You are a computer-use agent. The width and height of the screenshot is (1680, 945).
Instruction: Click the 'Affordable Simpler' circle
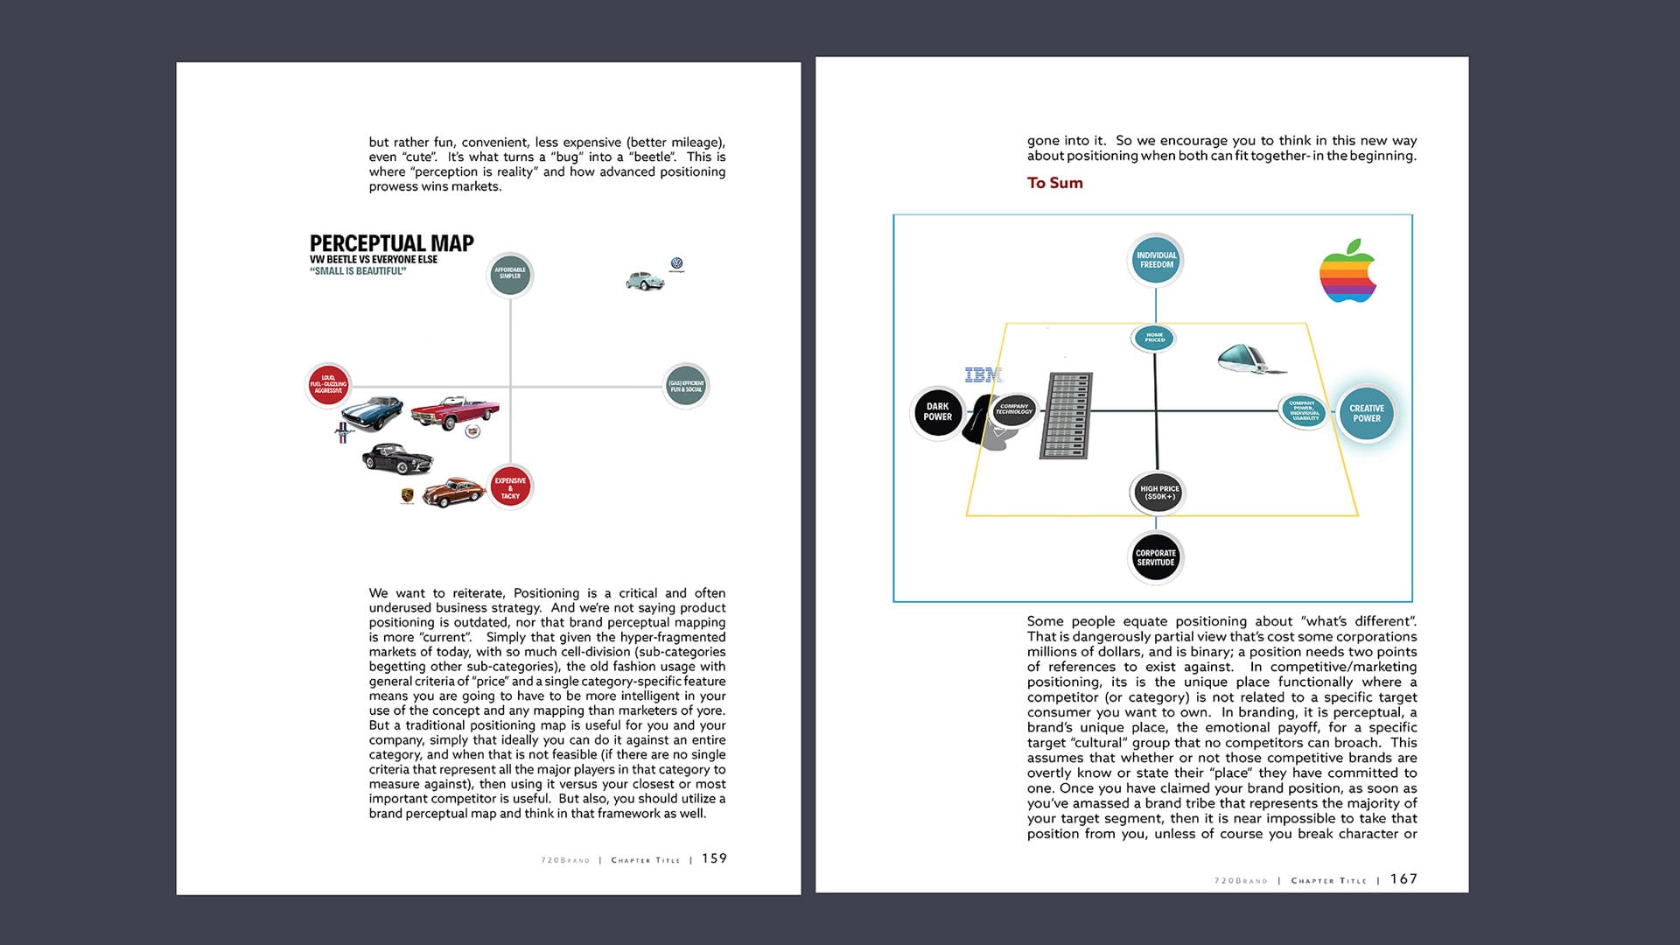click(x=509, y=275)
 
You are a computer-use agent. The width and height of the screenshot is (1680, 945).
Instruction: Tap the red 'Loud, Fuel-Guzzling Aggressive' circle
click(x=328, y=384)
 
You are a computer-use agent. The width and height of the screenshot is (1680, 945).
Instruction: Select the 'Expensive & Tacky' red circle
click(x=510, y=487)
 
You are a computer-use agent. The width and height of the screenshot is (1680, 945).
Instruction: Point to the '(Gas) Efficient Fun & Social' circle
click(x=686, y=386)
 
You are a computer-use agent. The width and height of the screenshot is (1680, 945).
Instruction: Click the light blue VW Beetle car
click(x=645, y=281)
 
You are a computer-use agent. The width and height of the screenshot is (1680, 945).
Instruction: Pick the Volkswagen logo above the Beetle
click(x=676, y=263)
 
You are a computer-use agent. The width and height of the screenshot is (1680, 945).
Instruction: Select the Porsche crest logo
click(x=407, y=496)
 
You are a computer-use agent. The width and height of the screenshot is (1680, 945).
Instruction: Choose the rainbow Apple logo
click(x=1347, y=271)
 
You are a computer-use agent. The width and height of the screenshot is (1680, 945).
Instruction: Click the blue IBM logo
click(x=983, y=374)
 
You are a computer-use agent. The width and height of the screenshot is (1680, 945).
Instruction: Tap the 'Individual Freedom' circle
click(x=1156, y=260)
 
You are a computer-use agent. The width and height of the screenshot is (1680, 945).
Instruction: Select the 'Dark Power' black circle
click(x=937, y=412)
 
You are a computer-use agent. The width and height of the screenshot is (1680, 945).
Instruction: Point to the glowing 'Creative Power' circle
click(x=1366, y=413)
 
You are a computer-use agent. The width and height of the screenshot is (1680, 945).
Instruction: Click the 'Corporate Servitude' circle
click(x=1155, y=557)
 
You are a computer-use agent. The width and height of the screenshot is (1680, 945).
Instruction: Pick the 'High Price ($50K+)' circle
click(x=1159, y=493)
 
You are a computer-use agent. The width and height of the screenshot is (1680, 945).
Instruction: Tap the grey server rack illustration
click(x=1066, y=416)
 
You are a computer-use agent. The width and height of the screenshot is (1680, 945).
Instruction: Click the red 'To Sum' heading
click(x=1054, y=183)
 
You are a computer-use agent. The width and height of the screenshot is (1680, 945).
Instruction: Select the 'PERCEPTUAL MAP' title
click(x=391, y=243)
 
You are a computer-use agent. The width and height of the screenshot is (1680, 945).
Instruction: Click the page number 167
click(x=1403, y=878)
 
